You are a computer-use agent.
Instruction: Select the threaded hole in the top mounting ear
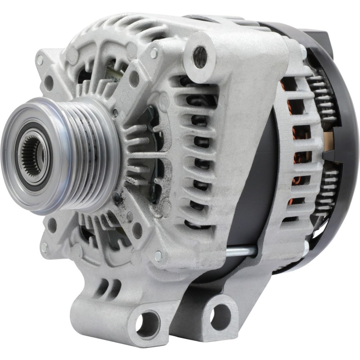click(200, 57)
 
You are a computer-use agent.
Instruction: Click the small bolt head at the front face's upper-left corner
click(40, 59)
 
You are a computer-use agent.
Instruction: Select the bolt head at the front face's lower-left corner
click(44, 247)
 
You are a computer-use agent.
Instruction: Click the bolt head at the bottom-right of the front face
click(158, 256)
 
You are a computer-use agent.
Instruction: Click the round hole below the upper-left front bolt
click(49, 82)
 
